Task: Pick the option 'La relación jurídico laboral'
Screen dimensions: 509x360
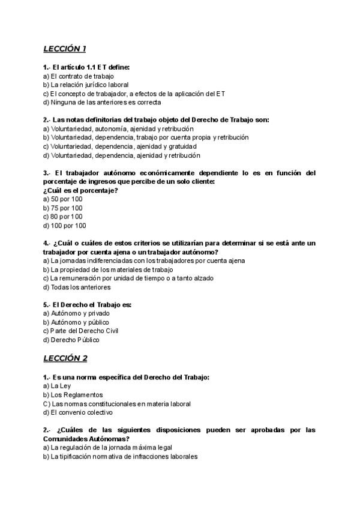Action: pyautogui.click(x=86, y=85)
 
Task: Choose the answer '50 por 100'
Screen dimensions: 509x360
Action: pyautogui.click(x=63, y=199)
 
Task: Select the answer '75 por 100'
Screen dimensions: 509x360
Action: pyautogui.click(x=63, y=208)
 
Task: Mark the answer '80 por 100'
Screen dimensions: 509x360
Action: pyautogui.click(x=63, y=217)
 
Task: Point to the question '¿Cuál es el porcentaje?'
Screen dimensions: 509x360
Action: pyautogui.click(x=80, y=190)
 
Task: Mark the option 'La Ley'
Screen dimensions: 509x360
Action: pyautogui.click(x=57, y=386)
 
